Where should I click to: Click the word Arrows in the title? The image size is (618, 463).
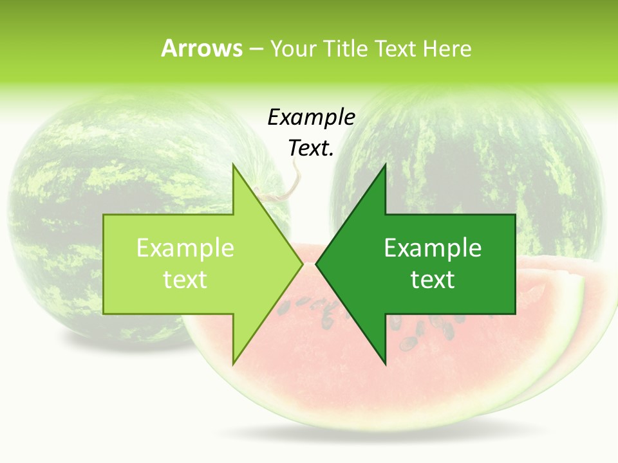[x=201, y=48]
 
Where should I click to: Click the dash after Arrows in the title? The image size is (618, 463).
[x=256, y=49]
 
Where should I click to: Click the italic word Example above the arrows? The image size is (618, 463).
[x=311, y=118]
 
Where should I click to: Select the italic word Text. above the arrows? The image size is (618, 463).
[x=311, y=148]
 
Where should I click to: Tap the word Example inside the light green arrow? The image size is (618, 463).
[x=185, y=248]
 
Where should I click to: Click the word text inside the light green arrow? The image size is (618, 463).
[x=185, y=280]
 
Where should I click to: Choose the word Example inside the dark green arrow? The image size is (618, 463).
[x=433, y=248]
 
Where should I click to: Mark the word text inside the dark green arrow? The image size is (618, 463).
[x=433, y=280]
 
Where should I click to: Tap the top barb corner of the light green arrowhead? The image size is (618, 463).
[x=233, y=166]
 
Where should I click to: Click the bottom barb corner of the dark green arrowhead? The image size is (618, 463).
[x=385, y=363]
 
